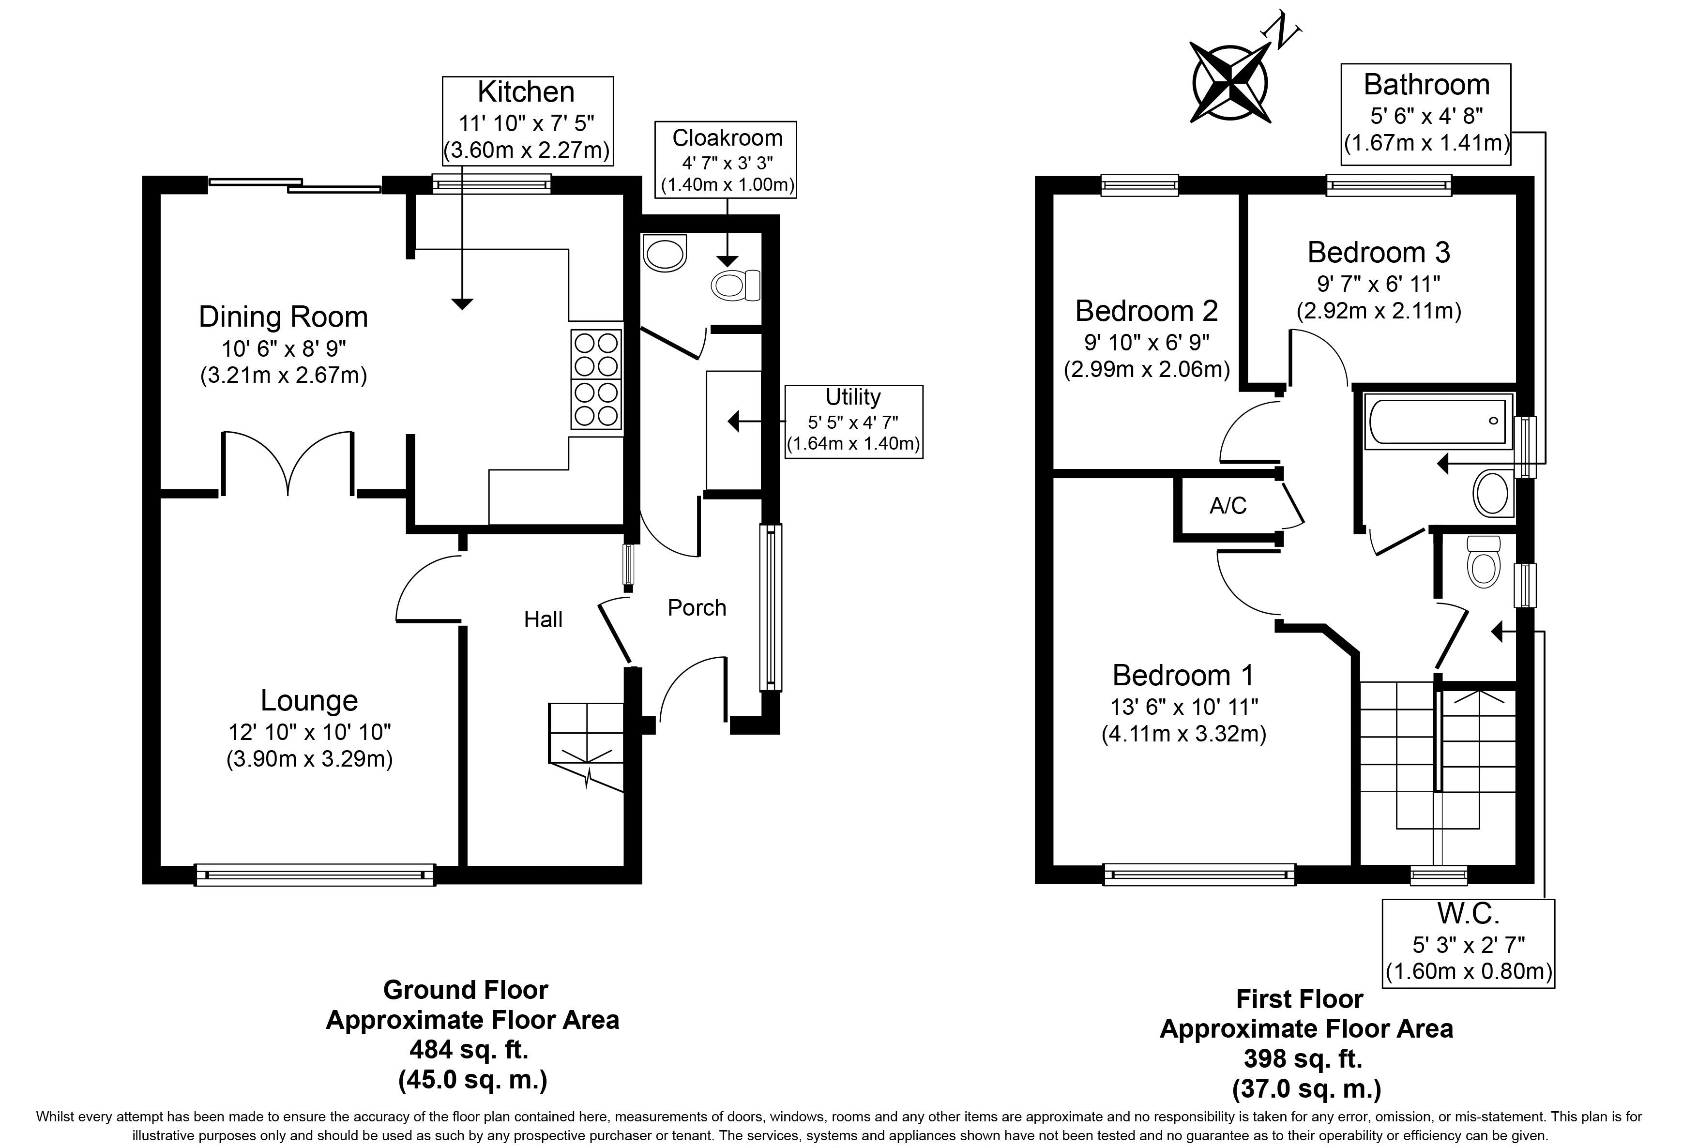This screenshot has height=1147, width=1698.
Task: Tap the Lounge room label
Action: (x=309, y=701)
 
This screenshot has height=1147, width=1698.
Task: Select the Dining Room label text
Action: (x=284, y=317)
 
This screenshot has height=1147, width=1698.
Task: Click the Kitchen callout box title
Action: (x=526, y=92)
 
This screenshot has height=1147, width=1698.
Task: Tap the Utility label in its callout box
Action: (x=853, y=397)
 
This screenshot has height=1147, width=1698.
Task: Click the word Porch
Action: (x=697, y=608)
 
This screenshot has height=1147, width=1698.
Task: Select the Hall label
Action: (x=543, y=619)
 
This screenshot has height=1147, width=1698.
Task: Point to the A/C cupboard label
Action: (x=1228, y=506)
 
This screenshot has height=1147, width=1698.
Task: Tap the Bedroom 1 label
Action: (x=1183, y=676)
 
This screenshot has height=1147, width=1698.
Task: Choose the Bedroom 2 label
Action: (x=1146, y=311)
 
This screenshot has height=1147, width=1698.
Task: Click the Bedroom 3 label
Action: (x=1379, y=253)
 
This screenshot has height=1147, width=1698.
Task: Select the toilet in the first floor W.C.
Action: (x=1483, y=562)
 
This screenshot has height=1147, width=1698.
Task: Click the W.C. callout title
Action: (x=1468, y=913)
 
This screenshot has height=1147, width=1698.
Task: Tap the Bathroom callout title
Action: (x=1426, y=85)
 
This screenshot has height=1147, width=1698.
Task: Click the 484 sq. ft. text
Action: (x=469, y=1050)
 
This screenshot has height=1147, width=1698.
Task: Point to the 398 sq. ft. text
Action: (x=1303, y=1058)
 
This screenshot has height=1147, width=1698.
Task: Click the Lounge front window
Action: (x=315, y=875)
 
